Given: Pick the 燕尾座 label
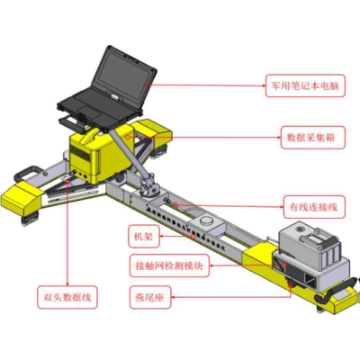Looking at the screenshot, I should point(147,296).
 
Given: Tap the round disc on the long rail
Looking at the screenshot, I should point(209,221).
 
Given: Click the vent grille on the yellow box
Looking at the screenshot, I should point(81,162).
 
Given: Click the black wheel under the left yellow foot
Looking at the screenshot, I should point(34,214).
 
